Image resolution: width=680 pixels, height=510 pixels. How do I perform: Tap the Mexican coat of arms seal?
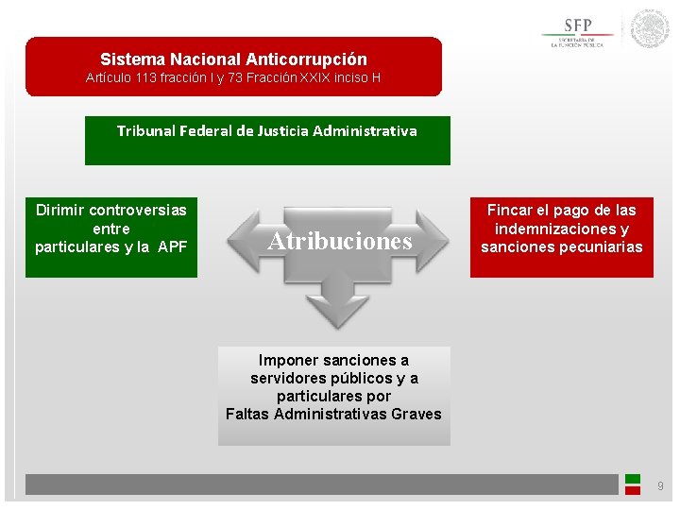click(650, 29)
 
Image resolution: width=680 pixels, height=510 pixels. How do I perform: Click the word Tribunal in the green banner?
click(147, 130)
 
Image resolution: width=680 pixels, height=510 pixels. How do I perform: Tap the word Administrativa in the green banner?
click(365, 130)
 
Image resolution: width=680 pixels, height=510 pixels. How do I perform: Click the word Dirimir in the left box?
click(61, 210)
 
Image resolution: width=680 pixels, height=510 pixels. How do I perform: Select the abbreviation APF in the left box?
click(173, 247)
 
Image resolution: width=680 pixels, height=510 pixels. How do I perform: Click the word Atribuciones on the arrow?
click(340, 241)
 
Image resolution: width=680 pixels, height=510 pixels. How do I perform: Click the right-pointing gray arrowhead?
click(436, 240)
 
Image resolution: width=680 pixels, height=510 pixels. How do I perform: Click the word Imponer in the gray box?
click(287, 360)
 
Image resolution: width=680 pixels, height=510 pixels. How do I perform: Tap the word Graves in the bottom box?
click(416, 414)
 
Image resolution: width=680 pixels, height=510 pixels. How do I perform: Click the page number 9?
click(660, 486)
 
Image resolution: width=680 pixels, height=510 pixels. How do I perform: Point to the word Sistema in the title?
click(133, 59)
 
